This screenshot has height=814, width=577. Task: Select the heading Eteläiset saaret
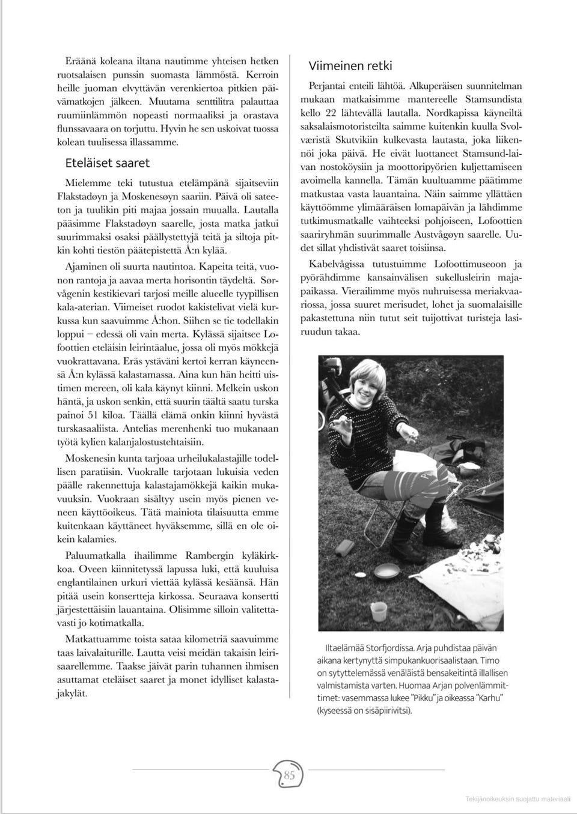click(107, 163)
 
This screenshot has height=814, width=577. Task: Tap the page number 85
click(289, 775)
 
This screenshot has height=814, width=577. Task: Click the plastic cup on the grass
click(379, 611)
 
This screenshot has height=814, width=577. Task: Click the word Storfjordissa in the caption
click(382, 648)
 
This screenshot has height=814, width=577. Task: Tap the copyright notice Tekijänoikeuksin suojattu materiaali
click(520, 798)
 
